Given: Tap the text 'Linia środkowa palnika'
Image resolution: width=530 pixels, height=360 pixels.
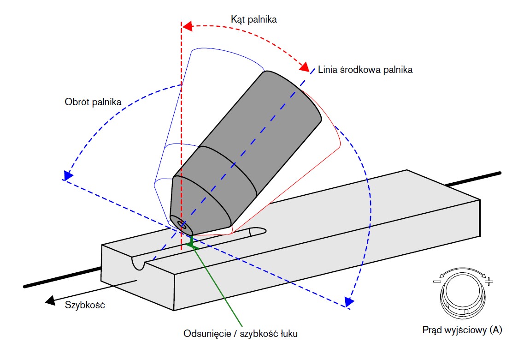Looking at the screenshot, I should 365,70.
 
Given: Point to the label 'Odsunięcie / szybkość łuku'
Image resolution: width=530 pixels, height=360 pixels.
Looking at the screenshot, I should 240,333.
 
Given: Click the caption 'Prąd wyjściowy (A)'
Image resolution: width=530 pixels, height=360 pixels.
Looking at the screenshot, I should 462,330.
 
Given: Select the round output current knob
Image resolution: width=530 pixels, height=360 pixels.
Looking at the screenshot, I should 462,295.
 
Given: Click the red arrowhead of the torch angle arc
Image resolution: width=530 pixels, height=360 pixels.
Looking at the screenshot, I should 304,67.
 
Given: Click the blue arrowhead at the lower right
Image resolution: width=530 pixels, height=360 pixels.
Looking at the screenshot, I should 349,302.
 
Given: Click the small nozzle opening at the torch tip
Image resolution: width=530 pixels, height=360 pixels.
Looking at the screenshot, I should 183,226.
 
